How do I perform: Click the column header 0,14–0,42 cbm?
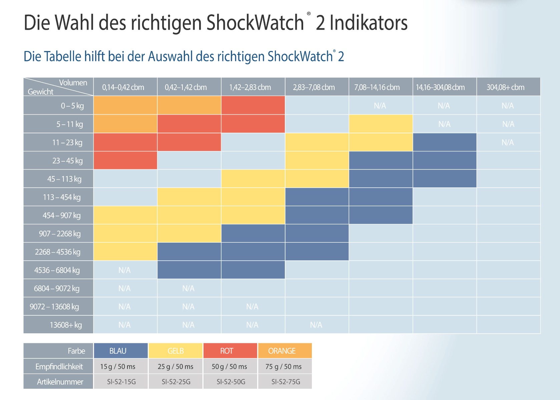[x=123, y=87]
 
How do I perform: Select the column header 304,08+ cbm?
[x=505, y=87]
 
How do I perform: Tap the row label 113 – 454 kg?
[x=62, y=197]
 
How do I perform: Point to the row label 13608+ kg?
[x=66, y=325]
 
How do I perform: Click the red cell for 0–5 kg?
[x=253, y=105]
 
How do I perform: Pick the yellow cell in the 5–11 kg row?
[x=381, y=124]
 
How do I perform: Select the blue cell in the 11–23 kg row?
[x=444, y=142]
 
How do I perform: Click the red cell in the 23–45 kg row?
[x=125, y=161]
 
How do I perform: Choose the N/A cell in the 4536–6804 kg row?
[x=124, y=270]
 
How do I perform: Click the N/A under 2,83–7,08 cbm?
[x=316, y=325]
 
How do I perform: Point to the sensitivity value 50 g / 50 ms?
[x=229, y=367]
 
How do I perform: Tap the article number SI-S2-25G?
[x=176, y=382]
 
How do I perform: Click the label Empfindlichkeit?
[x=59, y=367]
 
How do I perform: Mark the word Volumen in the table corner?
[x=73, y=83]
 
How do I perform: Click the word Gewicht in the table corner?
[x=40, y=92]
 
